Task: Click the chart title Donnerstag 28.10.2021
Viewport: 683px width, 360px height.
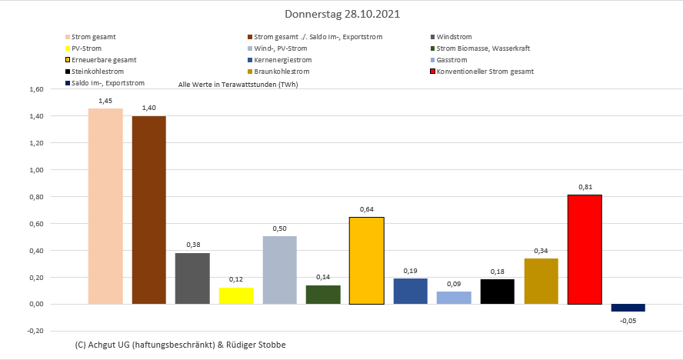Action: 341,14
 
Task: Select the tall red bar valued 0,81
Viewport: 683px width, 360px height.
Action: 585,249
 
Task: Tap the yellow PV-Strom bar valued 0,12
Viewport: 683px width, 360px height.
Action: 236,296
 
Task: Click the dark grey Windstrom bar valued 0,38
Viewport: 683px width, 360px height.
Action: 192,278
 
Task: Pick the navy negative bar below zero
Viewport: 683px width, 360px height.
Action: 628,308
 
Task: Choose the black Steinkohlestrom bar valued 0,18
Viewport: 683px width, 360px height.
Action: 497,292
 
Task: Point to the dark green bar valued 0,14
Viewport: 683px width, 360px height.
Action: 323,295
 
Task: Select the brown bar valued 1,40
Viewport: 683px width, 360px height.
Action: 148,210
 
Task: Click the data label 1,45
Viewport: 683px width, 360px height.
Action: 105,101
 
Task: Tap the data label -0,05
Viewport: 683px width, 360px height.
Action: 628,321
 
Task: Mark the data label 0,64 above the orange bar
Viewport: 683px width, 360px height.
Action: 367,209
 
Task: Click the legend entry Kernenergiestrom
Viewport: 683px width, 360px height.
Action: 284,60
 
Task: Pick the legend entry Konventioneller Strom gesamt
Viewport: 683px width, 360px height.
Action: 485,72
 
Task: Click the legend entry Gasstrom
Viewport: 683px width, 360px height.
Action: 451,60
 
